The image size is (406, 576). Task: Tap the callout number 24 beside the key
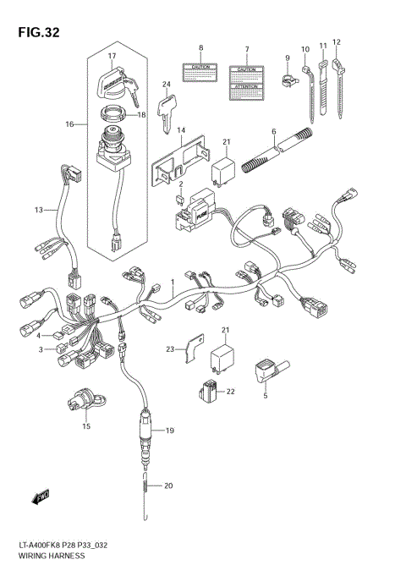(167, 84)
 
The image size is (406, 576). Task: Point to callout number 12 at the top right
(336, 41)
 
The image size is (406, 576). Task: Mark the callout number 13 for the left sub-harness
(38, 209)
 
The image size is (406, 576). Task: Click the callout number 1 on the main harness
(172, 280)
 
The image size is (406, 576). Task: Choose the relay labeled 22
(209, 391)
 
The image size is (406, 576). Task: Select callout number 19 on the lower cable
(168, 431)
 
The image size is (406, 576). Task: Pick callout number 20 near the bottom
(168, 485)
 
